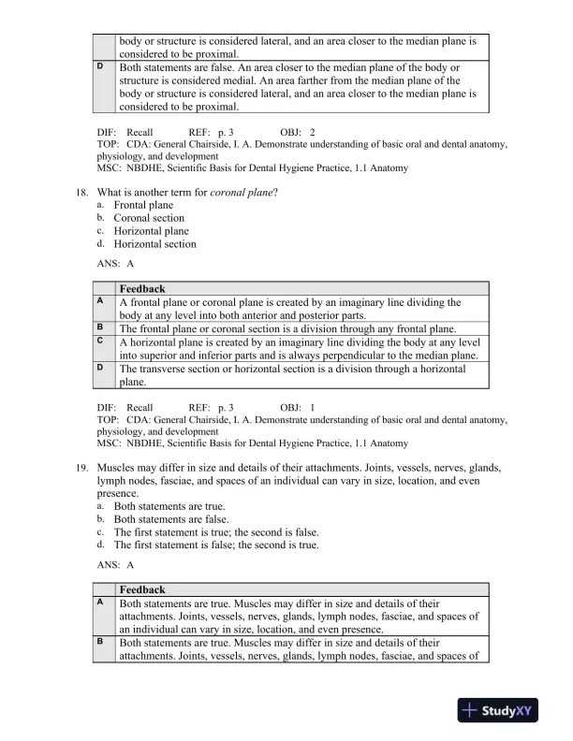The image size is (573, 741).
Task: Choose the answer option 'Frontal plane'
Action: coord(143,205)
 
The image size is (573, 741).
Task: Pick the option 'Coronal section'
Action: coord(149,218)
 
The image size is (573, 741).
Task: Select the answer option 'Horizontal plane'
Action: coord(151,231)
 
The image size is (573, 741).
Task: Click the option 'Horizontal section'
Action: coord(154,244)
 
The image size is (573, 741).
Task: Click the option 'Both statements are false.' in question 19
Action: coord(170,518)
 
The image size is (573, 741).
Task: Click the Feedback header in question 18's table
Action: coord(142,289)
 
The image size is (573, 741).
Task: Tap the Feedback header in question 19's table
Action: coord(142,590)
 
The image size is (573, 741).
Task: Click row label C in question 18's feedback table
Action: coord(100,341)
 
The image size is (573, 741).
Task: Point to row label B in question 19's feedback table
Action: coord(100,643)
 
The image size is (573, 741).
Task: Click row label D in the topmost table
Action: coord(100,68)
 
